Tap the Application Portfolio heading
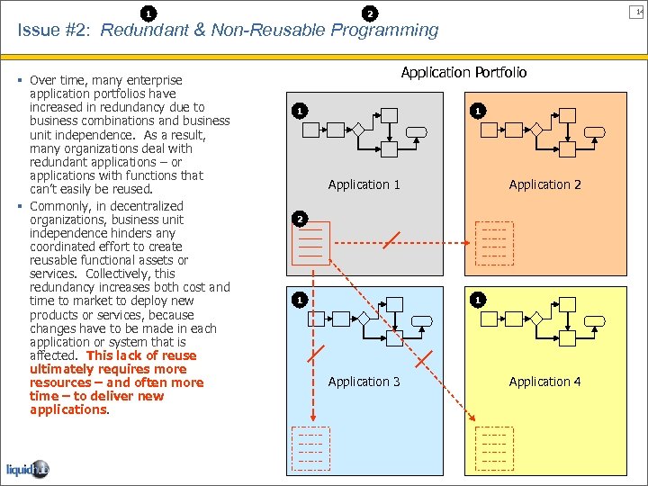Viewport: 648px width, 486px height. pos(463,72)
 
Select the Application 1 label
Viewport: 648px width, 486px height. pos(364,184)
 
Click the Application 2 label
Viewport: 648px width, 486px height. pos(544,184)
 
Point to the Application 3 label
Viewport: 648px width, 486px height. pos(364,382)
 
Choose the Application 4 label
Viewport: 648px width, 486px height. pos(544,382)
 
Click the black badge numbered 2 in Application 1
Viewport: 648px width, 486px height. pos(301,219)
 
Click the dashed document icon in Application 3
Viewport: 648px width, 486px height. pos(310,447)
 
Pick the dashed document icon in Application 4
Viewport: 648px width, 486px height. pos(494,447)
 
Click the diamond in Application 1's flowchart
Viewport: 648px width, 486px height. pos(357,130)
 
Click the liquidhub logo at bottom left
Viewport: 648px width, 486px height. pos(27,470)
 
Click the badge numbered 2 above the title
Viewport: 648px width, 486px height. pos(369,13)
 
